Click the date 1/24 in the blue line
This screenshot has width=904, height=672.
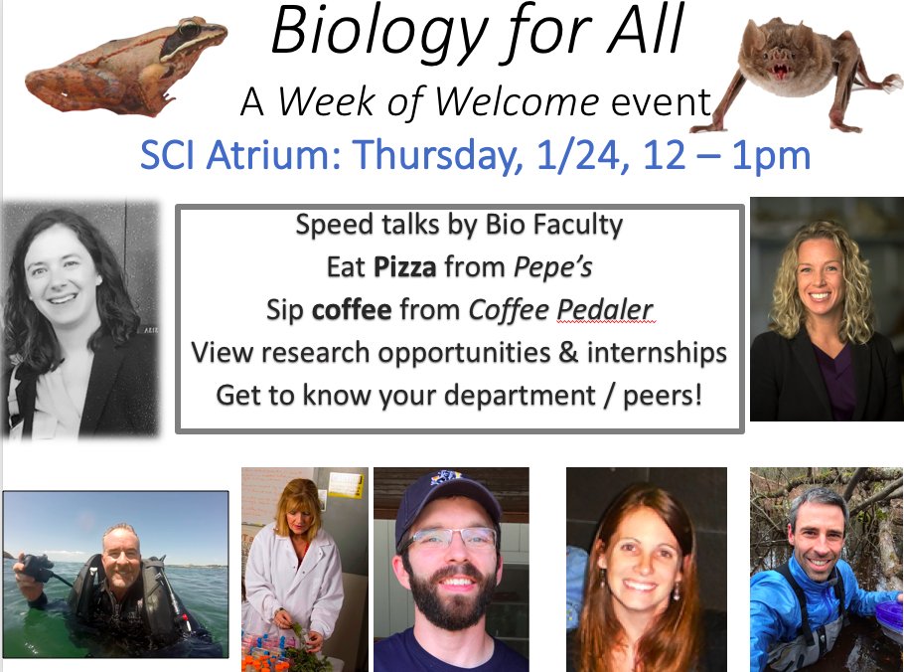[x=591, y=155]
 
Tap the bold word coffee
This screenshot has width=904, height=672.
[x=352, y=310]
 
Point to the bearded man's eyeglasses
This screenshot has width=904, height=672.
[x=450, y=538]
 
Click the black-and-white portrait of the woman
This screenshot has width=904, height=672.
[x=79, y=318]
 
